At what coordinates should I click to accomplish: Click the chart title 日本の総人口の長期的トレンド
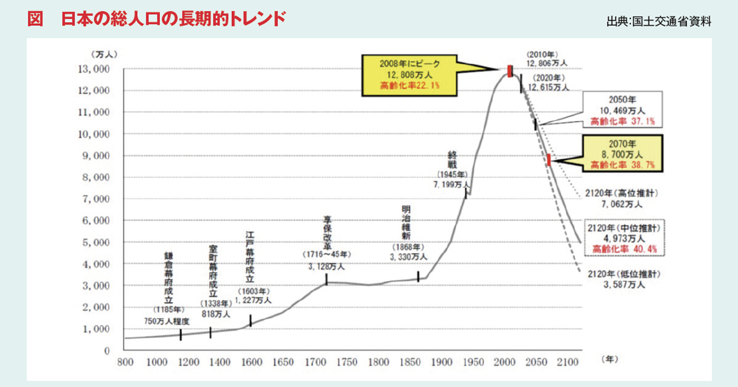point(173,19)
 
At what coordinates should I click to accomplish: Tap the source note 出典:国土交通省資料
point(659,21)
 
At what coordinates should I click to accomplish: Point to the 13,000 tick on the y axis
point(93,69)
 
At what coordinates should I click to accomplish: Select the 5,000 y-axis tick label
point(96,243)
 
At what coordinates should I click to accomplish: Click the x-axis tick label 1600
point(252,362)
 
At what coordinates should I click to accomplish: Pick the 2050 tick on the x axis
point(536,362)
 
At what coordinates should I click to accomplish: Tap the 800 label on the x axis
point(125,362)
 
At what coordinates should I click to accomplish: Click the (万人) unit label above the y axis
point(104,54)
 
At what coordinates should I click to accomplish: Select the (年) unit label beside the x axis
point(609,359)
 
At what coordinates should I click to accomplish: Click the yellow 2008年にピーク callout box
point(410,76)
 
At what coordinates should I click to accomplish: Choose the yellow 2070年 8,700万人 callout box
point(622,154)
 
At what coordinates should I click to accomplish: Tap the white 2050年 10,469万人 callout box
point(622,109)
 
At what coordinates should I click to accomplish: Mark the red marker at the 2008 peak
point(510,71)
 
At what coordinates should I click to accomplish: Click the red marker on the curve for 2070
point(549,160)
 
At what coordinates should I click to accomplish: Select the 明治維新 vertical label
point(407,223)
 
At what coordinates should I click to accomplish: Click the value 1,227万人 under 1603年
point(253,300)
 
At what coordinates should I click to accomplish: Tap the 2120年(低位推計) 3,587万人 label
point(624,279)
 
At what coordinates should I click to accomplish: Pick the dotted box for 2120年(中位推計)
point(625,238)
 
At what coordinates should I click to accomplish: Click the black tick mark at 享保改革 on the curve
point(327,279)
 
